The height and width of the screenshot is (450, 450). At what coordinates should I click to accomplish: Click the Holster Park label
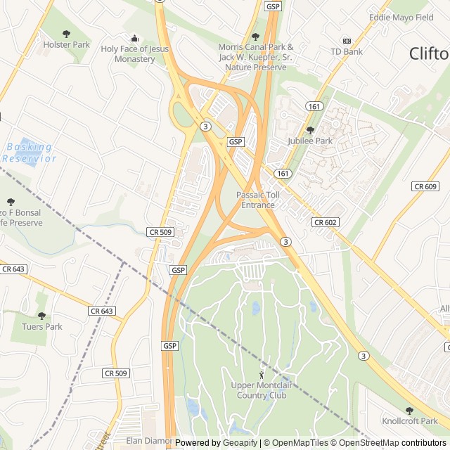pos(67,44)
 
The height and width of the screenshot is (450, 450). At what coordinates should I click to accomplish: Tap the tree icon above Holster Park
pos(67,33)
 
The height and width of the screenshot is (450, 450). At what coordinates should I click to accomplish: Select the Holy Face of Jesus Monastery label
pos(134,53)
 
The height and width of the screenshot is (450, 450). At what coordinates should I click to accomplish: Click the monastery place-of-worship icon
pos(134,37)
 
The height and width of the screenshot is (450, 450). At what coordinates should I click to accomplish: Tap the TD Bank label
pos(347,51)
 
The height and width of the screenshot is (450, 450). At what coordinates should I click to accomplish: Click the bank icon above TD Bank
pos(346,41)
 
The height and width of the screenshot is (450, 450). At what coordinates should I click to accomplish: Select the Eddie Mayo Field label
pos(401,18)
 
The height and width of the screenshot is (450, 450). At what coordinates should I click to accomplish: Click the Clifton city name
pos(429,53)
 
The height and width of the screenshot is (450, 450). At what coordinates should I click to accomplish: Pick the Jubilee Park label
pos(310,141)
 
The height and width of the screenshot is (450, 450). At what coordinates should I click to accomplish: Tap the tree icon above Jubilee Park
pos(310,130)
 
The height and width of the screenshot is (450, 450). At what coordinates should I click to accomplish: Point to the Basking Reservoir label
pos(29,153)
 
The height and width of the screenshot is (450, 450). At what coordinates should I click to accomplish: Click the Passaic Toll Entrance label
pos(258,200)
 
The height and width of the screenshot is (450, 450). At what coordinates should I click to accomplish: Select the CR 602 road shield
pos(326,222)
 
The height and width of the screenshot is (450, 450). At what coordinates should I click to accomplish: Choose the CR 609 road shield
pos(425,186)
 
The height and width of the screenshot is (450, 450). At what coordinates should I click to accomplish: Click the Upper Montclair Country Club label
pos(259,390)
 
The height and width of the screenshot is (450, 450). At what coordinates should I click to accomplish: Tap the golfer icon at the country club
pos(262,375)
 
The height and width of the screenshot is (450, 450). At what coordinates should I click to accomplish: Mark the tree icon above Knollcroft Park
pos(409,411)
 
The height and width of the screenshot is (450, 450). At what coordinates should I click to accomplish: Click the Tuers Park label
pos(43,326)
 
